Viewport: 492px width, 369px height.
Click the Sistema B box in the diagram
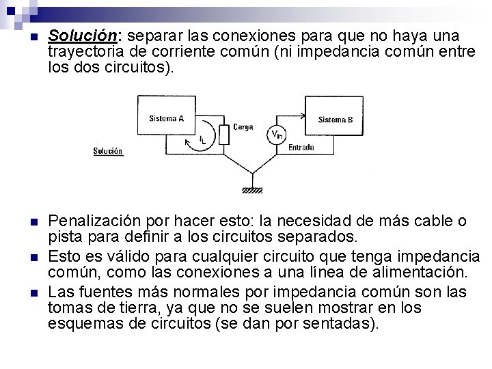tap(336, 120)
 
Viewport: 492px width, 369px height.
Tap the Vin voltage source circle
tap(277, 135)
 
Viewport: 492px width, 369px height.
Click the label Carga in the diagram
tap(243, 126)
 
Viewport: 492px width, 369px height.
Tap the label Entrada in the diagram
tap(301, 147)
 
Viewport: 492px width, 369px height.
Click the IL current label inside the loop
tap(202, 140)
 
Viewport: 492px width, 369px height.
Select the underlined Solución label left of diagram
tap(108, 151)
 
